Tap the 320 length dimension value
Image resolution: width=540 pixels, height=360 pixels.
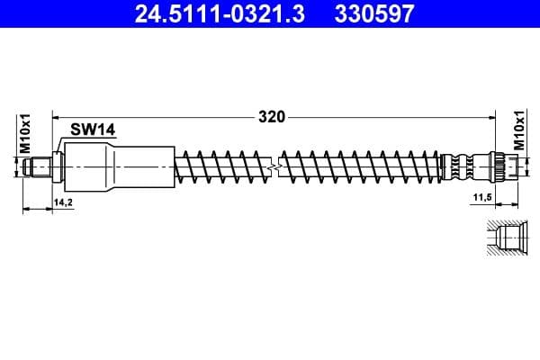271,116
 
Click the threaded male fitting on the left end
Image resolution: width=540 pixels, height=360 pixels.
40,166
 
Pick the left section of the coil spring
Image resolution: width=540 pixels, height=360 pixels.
225,166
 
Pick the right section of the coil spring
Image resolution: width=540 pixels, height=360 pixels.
360,166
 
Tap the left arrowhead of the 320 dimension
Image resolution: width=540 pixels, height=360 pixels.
56,116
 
